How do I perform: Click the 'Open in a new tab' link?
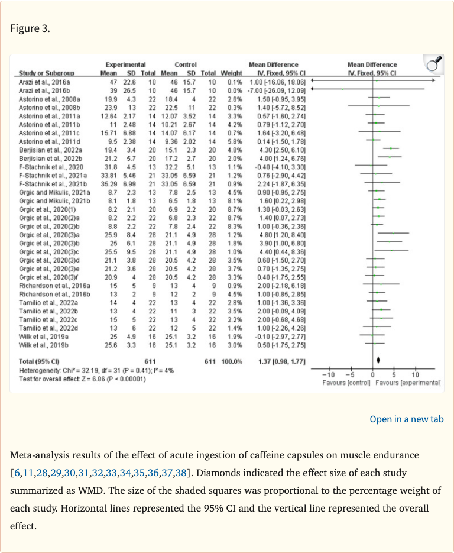[x=406, y=419]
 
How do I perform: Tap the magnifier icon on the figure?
[x=434, y=63]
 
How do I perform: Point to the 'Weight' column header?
[x=232, y=73]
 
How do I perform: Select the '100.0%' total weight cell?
[x=231, y=361]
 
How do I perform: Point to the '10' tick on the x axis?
[x=414, y=374]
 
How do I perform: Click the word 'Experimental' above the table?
[x=125, y=64]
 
